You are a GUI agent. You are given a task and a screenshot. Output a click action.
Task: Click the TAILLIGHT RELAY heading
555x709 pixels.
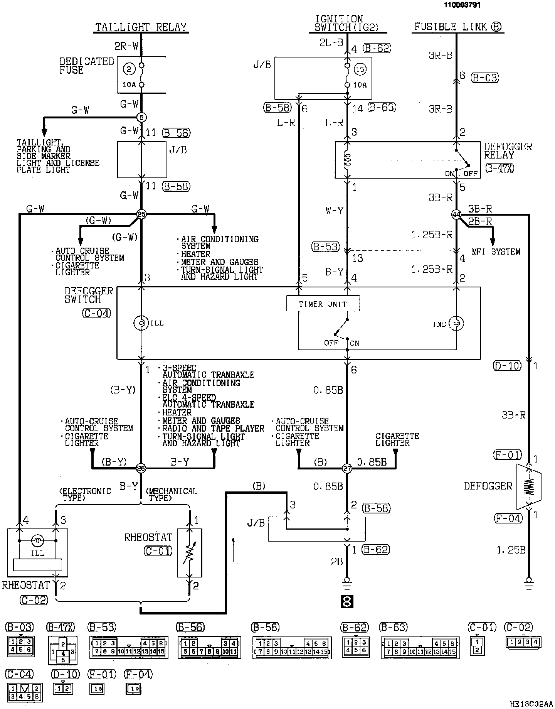141,27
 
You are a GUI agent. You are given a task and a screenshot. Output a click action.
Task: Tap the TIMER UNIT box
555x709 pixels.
323,304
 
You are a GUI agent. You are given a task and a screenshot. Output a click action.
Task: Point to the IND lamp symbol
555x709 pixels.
456,324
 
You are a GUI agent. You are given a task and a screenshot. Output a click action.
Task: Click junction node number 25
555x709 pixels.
141,214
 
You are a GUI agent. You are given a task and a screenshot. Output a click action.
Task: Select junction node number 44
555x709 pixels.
456,214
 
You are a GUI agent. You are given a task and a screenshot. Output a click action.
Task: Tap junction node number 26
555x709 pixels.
141,468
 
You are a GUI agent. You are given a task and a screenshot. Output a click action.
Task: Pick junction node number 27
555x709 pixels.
347,468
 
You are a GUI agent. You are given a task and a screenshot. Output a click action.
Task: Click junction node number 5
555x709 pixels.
141,117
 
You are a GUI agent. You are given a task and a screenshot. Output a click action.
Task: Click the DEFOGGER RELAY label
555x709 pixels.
508,151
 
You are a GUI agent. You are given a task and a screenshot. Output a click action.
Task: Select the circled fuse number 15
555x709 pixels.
360,69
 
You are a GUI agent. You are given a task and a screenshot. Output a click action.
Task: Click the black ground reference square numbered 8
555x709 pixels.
347,601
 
